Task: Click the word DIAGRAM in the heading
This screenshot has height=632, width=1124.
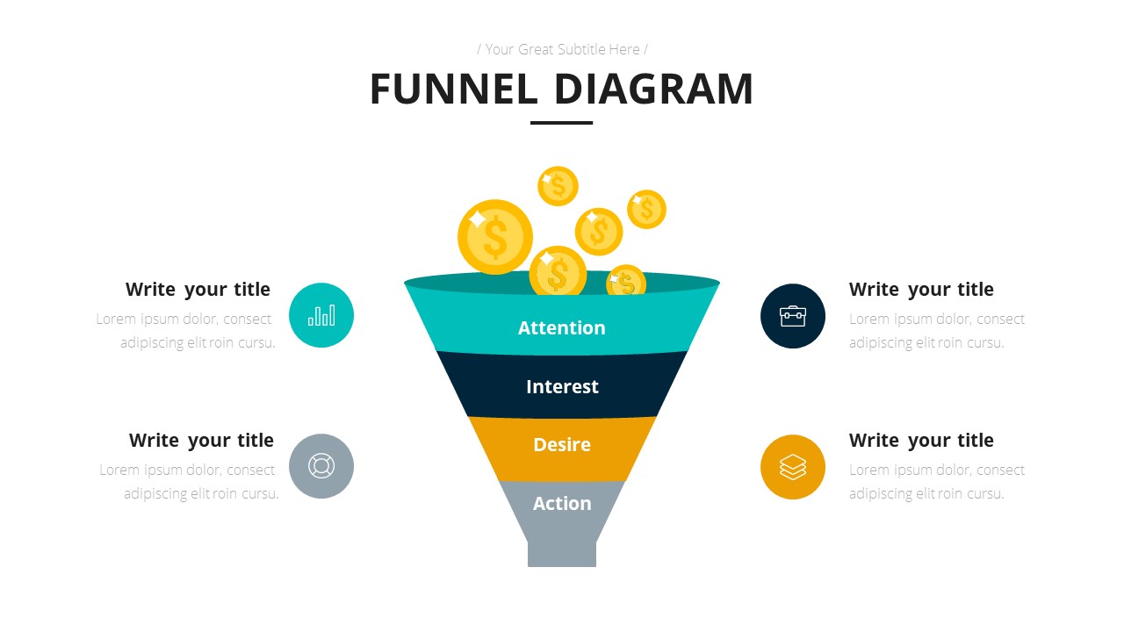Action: click(x=653, y=90)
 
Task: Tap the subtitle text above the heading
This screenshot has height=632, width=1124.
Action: click(x=562, y=49)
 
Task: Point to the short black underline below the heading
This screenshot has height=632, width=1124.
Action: click(x=562, y=123)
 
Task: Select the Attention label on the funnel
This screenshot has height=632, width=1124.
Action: click(x=562, y=327)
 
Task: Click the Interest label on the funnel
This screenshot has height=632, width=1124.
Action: click(x=562, y=386)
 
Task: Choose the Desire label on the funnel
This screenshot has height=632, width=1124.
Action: click(x=562, y=444)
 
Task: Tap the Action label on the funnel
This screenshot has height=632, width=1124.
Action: click(x=562, y=503)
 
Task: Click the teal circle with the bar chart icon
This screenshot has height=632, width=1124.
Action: click(x=321, y=315)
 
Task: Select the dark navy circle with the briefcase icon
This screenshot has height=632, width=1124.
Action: click(x=793, y=316)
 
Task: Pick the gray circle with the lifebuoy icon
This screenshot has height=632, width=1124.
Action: click(x=321, y=466)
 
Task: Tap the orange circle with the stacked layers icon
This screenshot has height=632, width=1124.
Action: click(x=793, y=467)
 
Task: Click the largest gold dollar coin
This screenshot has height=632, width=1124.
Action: click(x=495, y=237)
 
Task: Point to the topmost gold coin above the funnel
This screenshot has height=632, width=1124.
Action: click(x=558, y=186)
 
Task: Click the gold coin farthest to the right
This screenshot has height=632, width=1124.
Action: click(x=646, y=209)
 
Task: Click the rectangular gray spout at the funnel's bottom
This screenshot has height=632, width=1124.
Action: click(x=562, y=554)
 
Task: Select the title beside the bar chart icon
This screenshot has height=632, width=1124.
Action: click(x=198, y=290)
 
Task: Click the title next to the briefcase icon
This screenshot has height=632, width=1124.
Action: click(x=921, y=290)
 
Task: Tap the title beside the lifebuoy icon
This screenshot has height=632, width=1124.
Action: click(x=201, y=441)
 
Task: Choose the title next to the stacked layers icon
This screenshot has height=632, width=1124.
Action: click(x=921, y=441)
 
